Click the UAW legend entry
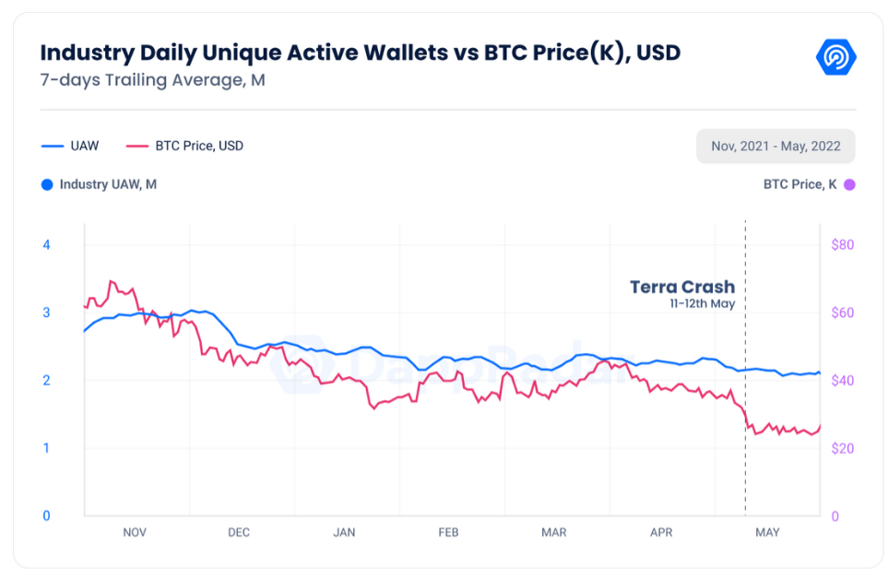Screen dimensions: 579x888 [x=70, y=146]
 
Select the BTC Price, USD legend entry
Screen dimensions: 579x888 [x=184, y=146]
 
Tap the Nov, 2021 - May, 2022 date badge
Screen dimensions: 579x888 [x=775, y=147]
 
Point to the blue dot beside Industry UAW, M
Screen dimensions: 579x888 [x=47, y=184]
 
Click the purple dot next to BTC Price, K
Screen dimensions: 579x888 [x=849, y=184]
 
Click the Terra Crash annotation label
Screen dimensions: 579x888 [x=681, y=287]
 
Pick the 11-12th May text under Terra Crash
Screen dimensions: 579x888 [x=702, y=303]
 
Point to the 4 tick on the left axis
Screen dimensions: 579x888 [x=46, y=244]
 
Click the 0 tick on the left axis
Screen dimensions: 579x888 [x=46, y=515]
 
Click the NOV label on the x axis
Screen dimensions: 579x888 [x=134, y=532]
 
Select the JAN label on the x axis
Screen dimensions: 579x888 [x=344, y=532]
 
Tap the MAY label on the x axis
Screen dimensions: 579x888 [x=767, y=532]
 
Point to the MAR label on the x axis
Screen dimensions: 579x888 [x=553, y=532]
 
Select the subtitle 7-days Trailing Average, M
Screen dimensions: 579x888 [x=152, y=79]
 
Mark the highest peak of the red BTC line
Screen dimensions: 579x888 [x=111, y=280]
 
